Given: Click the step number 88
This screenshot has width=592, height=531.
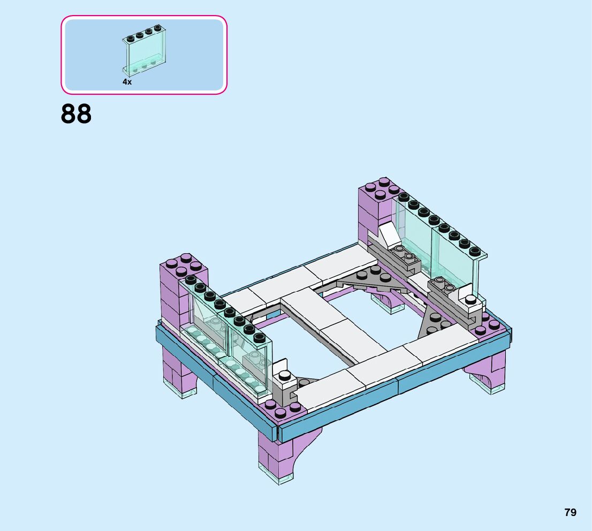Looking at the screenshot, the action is pyautogui.click(x=76, y=113).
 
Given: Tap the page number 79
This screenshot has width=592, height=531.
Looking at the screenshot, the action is pyautogui.click(x=570, y=512).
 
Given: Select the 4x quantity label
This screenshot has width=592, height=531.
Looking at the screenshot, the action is pyautogui.click(x=127, y=81).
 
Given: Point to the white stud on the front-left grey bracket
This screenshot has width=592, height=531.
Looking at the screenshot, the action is pyautogui.click(x=285, y=375).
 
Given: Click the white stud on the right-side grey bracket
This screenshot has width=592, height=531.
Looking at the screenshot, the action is pyautogui.click(x=470, y=299).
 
